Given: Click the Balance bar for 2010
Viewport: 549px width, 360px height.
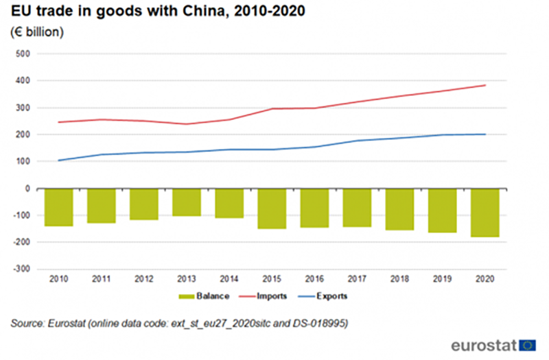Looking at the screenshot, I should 58,207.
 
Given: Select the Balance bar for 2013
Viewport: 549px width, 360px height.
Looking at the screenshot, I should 187,202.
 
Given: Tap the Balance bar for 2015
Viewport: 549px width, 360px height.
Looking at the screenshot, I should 272,208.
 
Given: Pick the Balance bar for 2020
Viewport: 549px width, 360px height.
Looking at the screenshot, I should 484,213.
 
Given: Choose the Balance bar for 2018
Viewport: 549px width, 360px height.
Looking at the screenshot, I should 399,209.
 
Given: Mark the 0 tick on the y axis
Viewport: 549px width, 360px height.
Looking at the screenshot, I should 29,189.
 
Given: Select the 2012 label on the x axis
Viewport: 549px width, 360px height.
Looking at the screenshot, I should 144,279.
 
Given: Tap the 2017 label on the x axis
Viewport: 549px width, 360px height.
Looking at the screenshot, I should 357,279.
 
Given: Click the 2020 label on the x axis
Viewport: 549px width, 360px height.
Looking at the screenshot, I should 484,279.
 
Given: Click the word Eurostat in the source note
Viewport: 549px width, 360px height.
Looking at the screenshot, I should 71,322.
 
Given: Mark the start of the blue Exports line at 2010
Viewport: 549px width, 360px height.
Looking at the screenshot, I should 58,160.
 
